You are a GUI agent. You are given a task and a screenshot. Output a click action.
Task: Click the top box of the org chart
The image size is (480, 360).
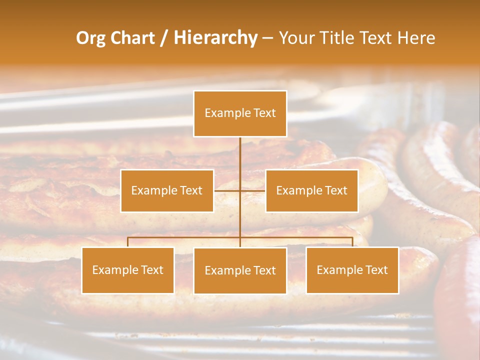point(240,113)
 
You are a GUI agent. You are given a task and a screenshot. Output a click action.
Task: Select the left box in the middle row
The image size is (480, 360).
point(167,190)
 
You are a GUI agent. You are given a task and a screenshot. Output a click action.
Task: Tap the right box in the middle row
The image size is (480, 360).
point(311,190)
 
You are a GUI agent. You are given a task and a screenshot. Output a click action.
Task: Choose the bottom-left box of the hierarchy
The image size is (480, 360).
point(127,270)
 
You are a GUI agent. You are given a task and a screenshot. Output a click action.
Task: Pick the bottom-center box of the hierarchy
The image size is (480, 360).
point(240,270)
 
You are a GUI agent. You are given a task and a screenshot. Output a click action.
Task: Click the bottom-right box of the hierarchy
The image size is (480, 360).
point(352,270)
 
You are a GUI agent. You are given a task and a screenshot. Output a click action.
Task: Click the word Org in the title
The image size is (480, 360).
point(91,38)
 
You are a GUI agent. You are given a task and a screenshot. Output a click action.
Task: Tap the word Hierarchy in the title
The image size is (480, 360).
point(215,38)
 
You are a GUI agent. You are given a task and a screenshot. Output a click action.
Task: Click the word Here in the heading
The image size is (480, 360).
point(416,38)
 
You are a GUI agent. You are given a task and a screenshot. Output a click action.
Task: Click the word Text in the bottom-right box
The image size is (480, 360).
point(376,270)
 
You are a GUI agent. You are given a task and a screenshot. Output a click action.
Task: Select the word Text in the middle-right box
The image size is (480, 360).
point(335,190)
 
